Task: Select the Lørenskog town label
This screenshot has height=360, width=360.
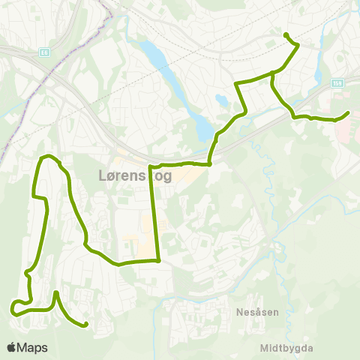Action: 135,176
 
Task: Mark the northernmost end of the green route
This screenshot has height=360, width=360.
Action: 286,34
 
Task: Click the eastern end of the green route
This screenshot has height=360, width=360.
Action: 348,113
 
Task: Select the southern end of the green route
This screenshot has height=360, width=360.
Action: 86,325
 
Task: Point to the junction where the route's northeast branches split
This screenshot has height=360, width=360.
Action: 271,73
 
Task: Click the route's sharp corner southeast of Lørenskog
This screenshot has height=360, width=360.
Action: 159,261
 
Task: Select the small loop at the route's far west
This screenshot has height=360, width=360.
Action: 16,307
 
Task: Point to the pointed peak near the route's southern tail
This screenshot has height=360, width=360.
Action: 56,292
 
